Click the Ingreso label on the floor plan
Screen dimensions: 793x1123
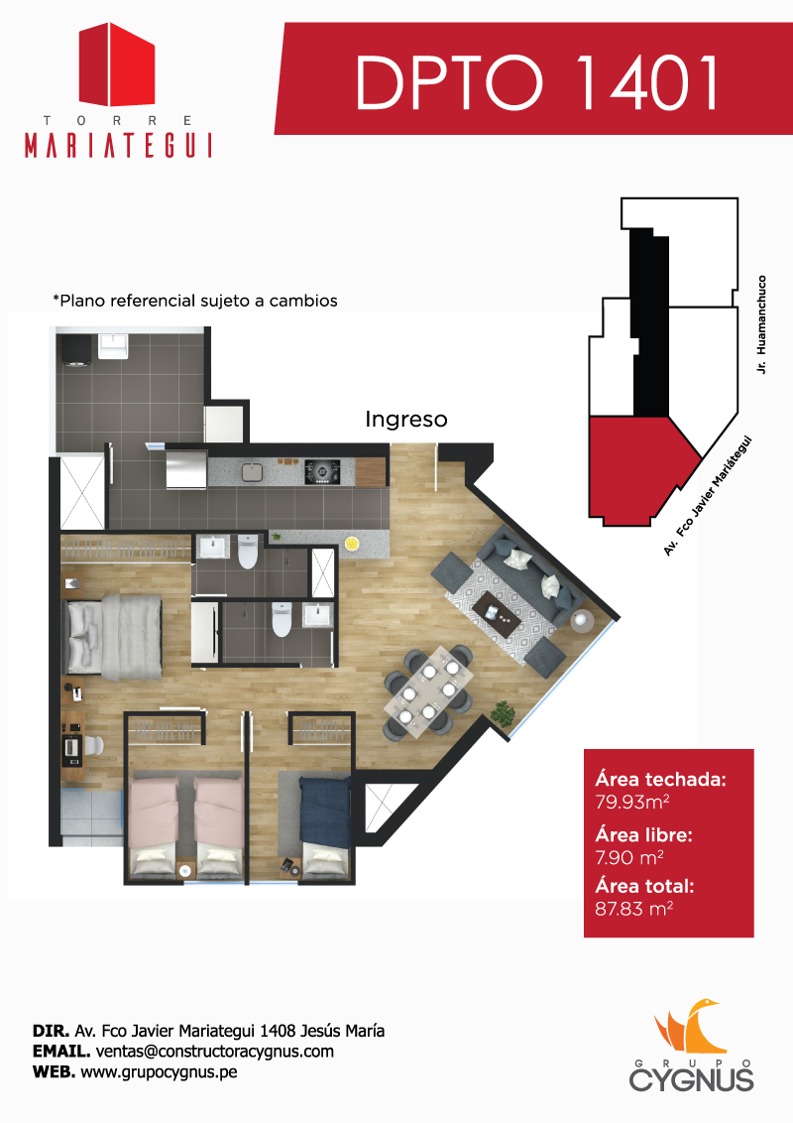tap(405, 420)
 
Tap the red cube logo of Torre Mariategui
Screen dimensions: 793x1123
tap(117, 64)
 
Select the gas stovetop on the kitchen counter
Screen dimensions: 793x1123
tap(322, 471)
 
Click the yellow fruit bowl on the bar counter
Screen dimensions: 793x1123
tap(352, 544)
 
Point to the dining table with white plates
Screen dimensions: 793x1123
tap(428, 691)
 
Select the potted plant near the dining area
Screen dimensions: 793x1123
tap(504, 713)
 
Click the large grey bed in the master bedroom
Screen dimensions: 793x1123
tap(115, 637)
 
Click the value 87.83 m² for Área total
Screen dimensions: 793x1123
tap(634, 909)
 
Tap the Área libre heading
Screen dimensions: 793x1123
tap(643, 835)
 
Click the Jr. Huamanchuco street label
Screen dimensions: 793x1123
tap(761, 324)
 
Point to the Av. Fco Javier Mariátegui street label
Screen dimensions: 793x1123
tap(708, 496)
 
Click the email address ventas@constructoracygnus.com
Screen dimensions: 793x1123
tap(215, 1052)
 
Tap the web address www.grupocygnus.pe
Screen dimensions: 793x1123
tap(159, 1072)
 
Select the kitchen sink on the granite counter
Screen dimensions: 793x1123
tap(253, 472)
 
